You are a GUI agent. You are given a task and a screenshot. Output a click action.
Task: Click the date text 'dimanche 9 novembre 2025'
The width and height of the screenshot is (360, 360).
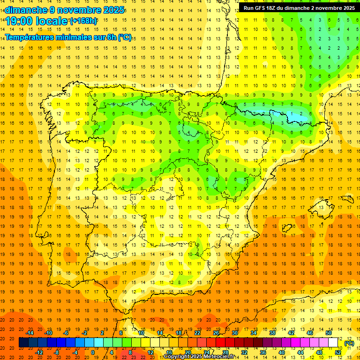pos(65,10)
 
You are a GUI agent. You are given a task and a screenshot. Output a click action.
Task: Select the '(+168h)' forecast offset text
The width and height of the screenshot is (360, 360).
pos(83,21)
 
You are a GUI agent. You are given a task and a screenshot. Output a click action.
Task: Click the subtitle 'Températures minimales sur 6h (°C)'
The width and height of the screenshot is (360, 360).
pos(68,37)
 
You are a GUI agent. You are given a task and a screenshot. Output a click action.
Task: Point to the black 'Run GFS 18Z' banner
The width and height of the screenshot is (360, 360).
pos(299,7)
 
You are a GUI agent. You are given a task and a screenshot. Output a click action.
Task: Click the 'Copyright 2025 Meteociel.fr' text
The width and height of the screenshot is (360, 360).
pos(199,357)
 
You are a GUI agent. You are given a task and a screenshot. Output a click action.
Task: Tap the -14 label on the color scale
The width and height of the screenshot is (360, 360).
pos(30,333)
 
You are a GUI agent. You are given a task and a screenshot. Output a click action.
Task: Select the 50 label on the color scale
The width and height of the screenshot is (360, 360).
pos(329,333)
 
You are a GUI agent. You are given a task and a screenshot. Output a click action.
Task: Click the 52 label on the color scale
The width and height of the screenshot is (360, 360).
pos(338,352)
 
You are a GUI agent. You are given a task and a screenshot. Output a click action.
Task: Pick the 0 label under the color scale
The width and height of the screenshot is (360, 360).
pos(93,352)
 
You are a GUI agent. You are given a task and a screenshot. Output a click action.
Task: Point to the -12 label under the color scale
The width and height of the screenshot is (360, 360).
pos(39,352)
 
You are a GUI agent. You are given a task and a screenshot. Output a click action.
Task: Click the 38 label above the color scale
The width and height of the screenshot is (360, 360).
pos(272,333)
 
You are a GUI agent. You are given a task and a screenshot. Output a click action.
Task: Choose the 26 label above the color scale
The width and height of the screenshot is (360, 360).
pos(216,333)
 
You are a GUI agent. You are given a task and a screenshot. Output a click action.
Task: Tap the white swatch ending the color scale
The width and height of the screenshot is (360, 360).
pos(333,343)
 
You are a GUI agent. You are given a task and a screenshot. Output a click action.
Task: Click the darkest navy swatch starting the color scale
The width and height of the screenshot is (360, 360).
pos(24,343)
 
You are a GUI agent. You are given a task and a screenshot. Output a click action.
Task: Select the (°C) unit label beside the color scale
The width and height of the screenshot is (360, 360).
pos(349,343)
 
